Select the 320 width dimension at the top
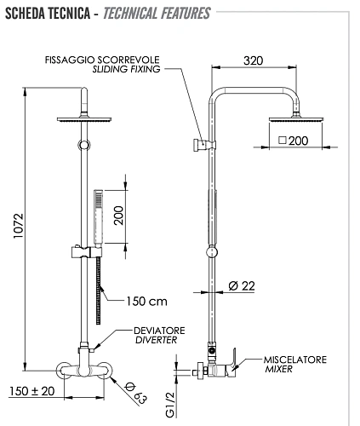point(253,62)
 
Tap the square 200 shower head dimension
point(292,141)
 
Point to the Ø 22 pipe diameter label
point(242,286)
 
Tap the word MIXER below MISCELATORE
point(278,369)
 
